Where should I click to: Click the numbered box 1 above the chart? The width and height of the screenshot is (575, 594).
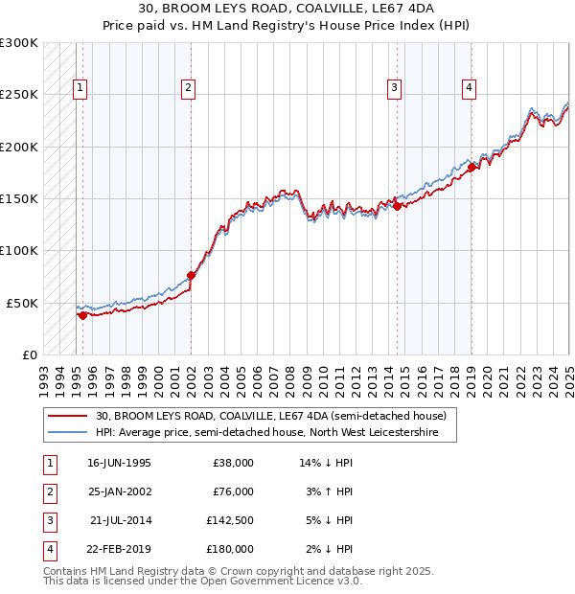click(x=80, y=88)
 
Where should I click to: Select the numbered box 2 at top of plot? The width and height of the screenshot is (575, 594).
click(x=188, y=88)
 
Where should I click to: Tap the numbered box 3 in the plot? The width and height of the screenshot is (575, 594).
click(x=394, y=88)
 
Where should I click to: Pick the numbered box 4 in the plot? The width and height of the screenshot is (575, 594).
click(x=469, y=88)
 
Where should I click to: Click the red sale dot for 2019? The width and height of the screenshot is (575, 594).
click(x=472, y=168)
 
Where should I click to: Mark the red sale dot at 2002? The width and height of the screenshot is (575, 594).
click(x=191, y=276)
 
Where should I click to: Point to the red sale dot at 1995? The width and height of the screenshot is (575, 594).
click(x=82, y=315)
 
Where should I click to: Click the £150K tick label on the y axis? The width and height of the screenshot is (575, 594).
click(x=19, y=198)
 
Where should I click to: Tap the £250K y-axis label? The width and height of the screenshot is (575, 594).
click(x=19, y=95)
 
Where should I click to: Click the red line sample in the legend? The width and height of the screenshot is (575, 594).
click(x=67, y=417)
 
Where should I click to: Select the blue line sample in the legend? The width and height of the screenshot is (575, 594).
click(x=67, y=433)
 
